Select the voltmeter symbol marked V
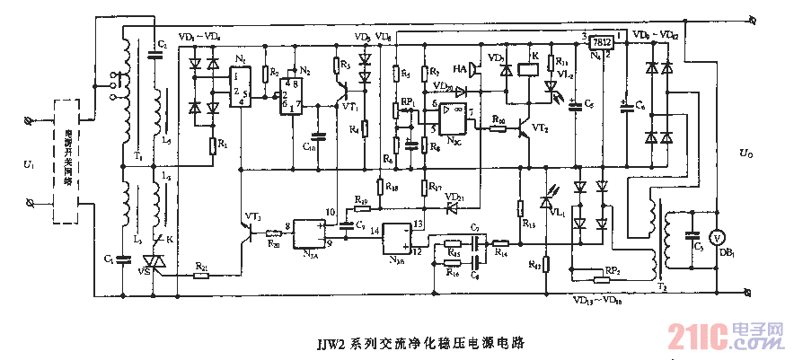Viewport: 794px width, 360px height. click(717, 238)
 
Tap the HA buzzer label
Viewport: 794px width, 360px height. click(459, 68)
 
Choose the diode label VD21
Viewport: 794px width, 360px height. click(454, 197)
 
